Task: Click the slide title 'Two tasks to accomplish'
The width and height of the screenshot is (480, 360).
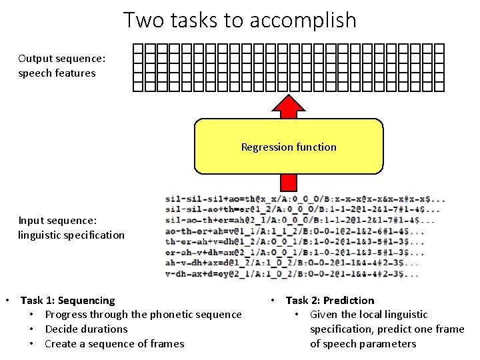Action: [x=240, y=20]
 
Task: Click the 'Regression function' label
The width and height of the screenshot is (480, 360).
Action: [x=289, y=147]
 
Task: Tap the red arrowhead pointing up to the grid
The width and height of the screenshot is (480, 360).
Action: [x=288, y=107]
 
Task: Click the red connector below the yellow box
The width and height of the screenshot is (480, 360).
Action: [x=288, y=182]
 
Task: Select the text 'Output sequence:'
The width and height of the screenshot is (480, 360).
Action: [x=61, y=59]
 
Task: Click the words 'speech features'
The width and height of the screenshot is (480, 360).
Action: [x=57, y=73]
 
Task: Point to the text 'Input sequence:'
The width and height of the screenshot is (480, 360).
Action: [x=57, y=220]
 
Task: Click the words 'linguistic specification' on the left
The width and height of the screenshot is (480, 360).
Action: [x=71, y=235]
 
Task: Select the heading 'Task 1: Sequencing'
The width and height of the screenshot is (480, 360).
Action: [x=67, y=300]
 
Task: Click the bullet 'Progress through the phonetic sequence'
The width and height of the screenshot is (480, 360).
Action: [x=143, y=315]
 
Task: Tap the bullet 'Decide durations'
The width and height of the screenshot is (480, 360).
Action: [x=86, y=329]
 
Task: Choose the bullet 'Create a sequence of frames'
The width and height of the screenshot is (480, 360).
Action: [x=114, y=344]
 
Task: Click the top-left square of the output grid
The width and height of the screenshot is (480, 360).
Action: [x=138, y=49]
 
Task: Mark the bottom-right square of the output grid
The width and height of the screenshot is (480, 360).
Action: [x=439, y=85]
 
